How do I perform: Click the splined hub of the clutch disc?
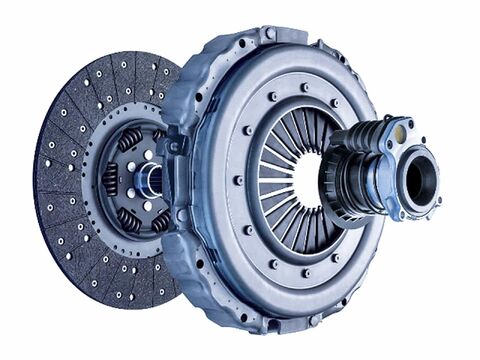(x=150, y=180)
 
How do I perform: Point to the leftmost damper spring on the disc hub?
(x=110, y=180)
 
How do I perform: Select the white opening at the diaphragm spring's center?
(x=305, y=180)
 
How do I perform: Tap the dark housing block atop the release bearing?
(x=370, y=135)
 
